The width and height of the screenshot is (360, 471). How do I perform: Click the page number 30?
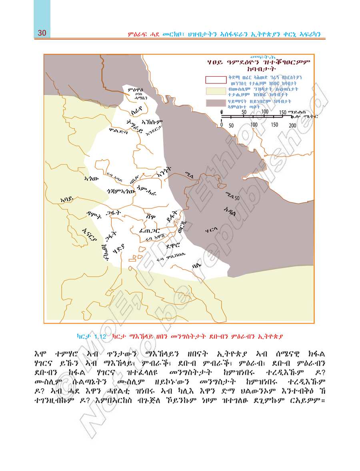[42, 33]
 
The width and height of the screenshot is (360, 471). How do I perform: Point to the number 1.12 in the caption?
[100, 337]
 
